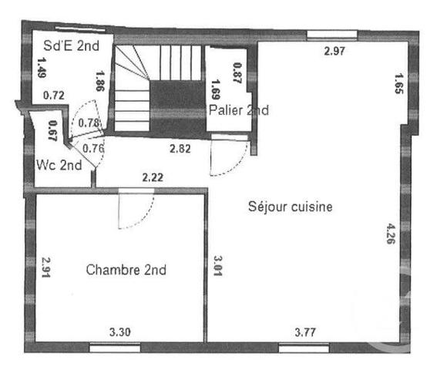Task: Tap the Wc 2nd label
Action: (x=59, y=165)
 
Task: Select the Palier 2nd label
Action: (x=239, y=111)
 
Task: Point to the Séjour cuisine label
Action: (x=291, y=207)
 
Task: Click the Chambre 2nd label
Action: (x=126, y=270)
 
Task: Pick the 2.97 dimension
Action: (x=335, y=52)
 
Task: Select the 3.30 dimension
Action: (x=119, y=332)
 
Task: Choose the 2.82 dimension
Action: (x=180, y=148)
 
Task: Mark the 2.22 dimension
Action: (x=153, y=178)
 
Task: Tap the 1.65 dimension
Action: (x=398, y=82)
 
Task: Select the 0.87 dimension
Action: (x=237, y=73)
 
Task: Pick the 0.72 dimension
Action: (x=53, y=96)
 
